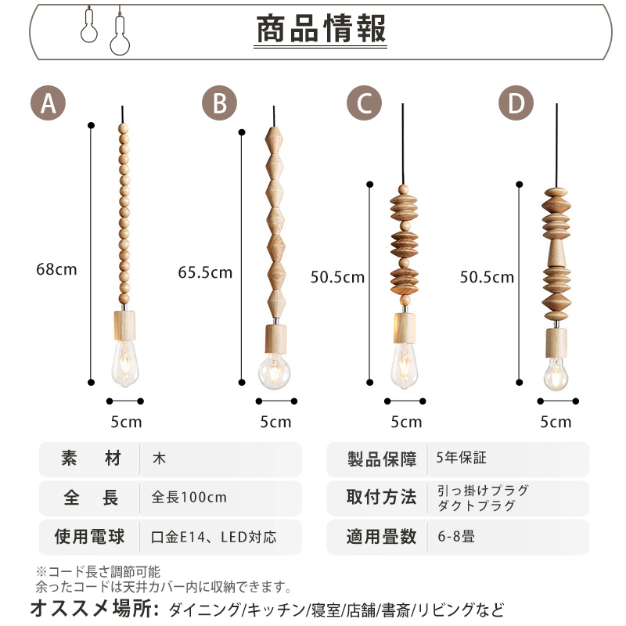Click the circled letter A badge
[x=48, y=104]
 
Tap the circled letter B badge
[x=220, y=104]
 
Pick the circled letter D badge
[x=516, y=104]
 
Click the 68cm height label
[x=56, y=269]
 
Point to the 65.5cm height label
[x=205, y=272]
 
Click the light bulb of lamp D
[x=556, y=372]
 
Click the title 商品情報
[x=321, y=31]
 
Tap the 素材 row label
[x=91, y=459]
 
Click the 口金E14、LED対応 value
[x=214, y=537]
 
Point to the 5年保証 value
[x=462, y=459]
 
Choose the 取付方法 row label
[x=381, y=498]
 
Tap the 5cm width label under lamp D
[x=556, y=422]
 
